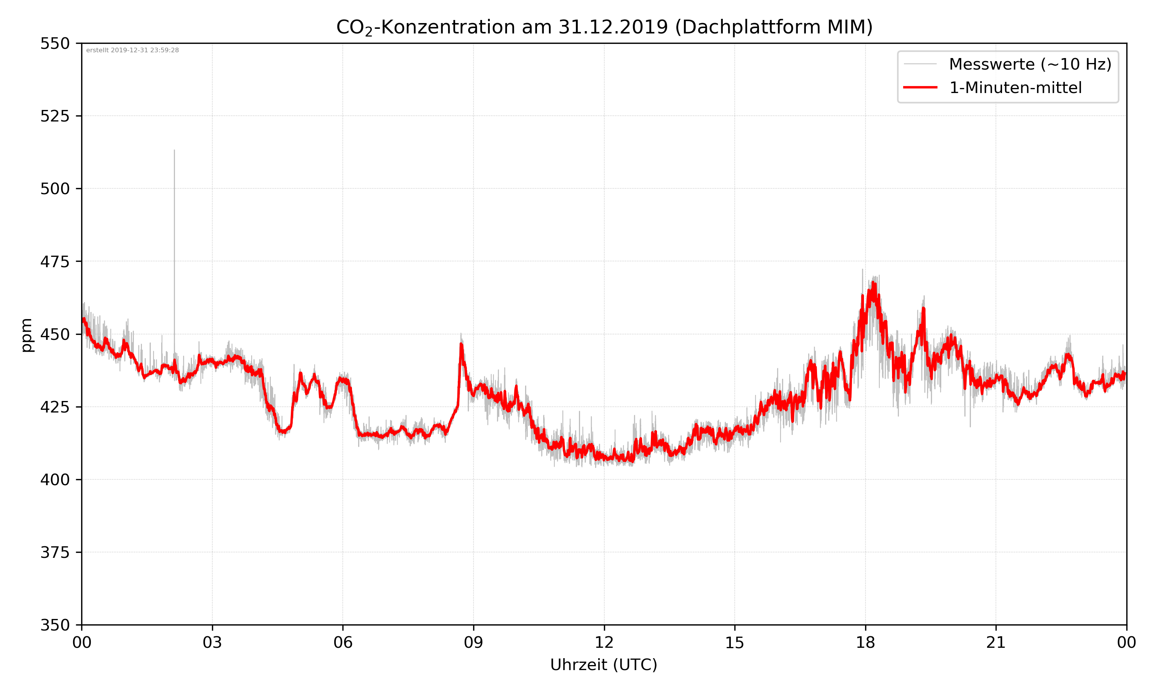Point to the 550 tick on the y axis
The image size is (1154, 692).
[x=55, y=43]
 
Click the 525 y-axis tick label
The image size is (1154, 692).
[x=55, y=116]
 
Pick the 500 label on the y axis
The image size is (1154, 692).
[x=55, y=189]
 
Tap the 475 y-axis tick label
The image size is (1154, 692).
[x=55, y=261]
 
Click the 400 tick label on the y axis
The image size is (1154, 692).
[x=55, y=480]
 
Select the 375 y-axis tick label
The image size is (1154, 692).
[x=55, y=552]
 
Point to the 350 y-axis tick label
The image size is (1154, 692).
[x=55, y=625]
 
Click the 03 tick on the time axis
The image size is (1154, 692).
[x=212, y=642]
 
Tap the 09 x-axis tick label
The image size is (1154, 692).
[x=474, y=642]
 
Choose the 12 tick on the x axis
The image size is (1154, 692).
[x=604, y=642]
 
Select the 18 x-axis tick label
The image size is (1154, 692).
[x=865, y=642]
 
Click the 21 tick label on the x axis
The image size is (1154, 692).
[x=996, y=642]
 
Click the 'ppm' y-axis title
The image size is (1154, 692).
[x=27, y=335]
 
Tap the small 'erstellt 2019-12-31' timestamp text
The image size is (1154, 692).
[x=132, y=50]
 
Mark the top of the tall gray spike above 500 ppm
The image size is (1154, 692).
[x=175, y=151]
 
